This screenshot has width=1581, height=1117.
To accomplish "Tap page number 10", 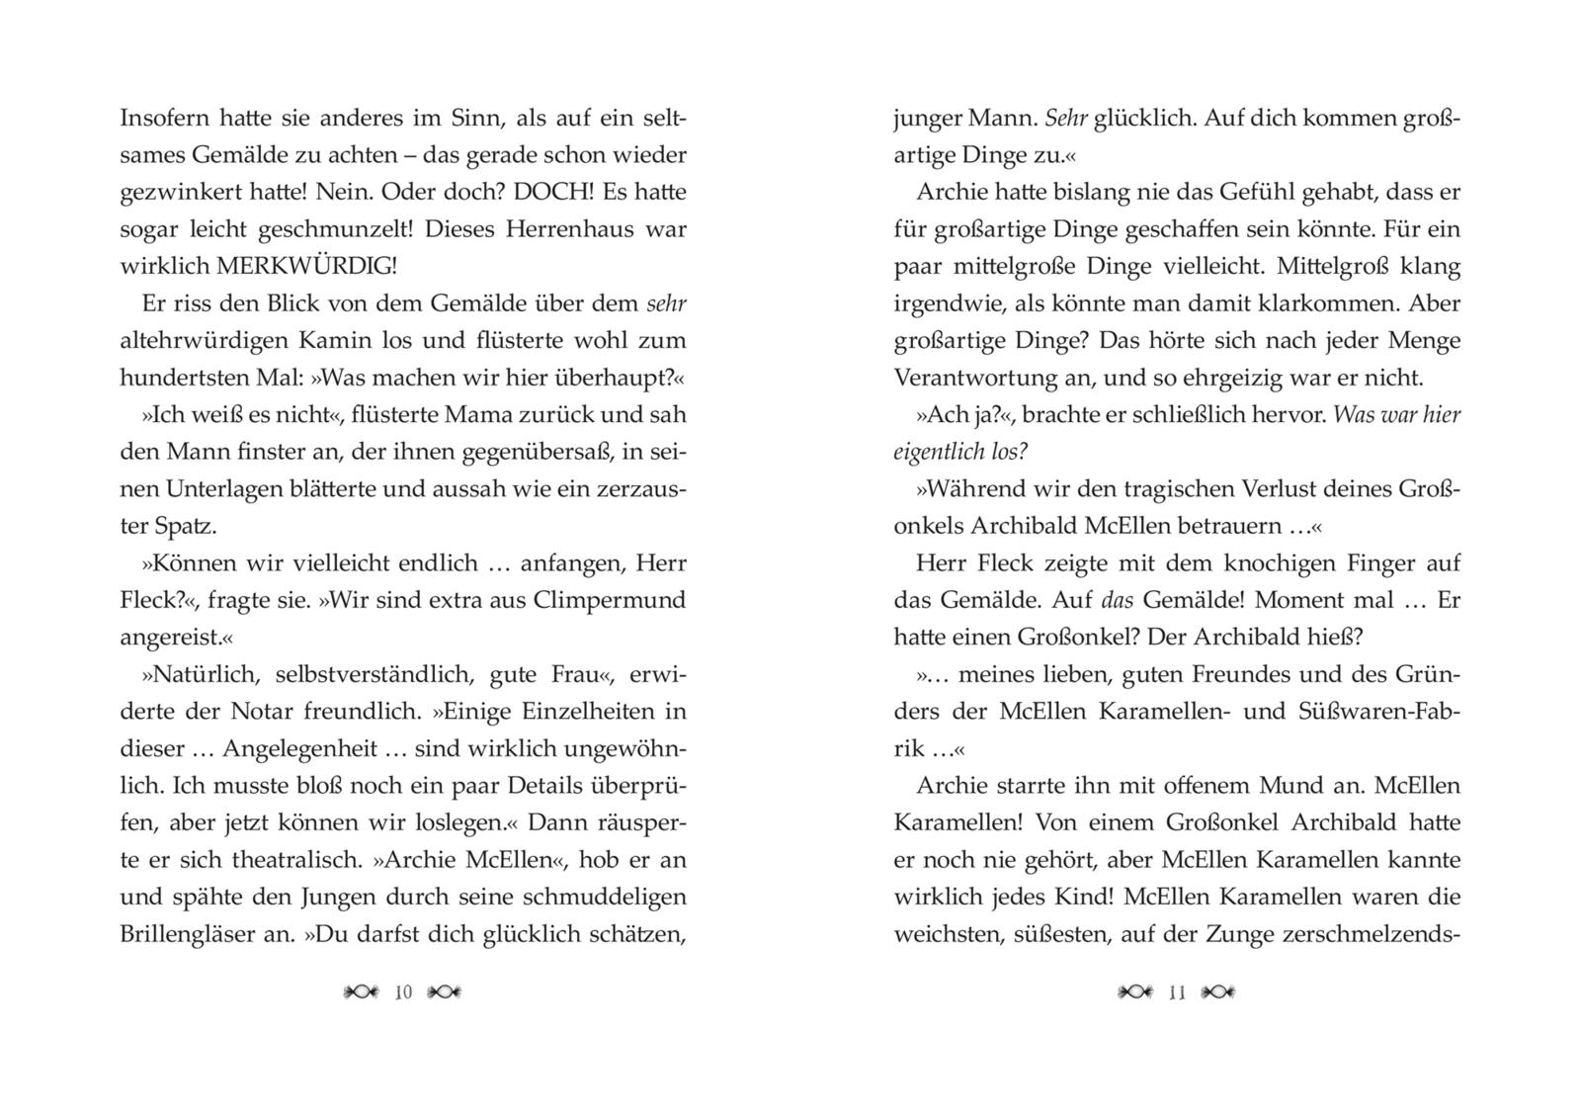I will pos(403,992).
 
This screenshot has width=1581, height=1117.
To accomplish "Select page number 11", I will pos(1177,992).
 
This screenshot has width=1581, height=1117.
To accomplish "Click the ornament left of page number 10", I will pos(360,992).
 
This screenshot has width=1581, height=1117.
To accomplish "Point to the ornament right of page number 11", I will pos(1218,992).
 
